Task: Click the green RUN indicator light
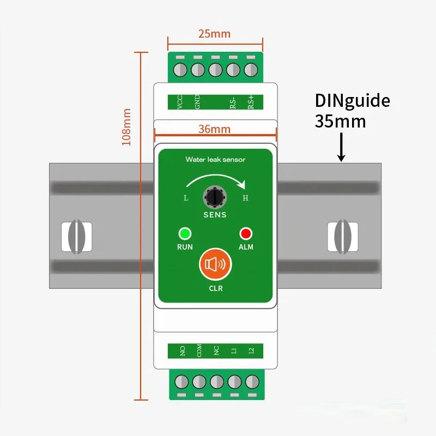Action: pos(185,234)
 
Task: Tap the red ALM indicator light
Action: pos(246,234)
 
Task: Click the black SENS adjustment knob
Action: pos(214,196)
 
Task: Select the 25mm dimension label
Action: pos(214,34)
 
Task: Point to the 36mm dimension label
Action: pos(214,129)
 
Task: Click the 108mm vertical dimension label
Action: pos(126,126)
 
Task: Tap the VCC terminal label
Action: pos(180,101)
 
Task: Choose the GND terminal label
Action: pos(197,101)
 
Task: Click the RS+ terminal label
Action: pos(251,101)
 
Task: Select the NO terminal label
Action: pos(183,352)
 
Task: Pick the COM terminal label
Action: pos(199,352)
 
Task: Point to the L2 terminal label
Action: pos(251,352)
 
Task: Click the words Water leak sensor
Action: pos(215,160)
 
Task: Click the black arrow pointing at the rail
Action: pos(341,148)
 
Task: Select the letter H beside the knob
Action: pos(245,198)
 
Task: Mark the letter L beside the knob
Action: pos(186,198)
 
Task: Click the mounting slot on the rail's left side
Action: pos(76,237)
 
